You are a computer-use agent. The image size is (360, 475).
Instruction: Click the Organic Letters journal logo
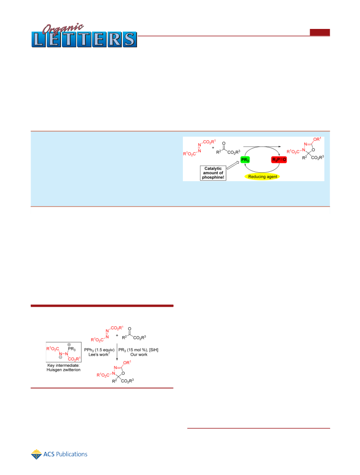click(84, 36)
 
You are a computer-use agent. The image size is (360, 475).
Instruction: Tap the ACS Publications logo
click(59, 454)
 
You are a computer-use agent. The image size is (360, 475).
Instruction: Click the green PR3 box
click(245, 160)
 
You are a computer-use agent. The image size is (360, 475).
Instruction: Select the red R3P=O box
click(279, 160)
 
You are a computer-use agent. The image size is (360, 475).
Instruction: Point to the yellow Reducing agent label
click(263, 177)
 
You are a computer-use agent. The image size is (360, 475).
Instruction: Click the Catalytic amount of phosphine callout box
click(213, 173)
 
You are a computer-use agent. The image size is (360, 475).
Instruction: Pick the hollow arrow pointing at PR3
click(233, 165)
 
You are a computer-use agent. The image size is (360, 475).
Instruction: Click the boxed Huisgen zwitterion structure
click(64, 352)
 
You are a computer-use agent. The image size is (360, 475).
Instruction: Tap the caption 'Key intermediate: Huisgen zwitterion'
click(64, 367)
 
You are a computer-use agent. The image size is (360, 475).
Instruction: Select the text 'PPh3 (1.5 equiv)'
click(99, 349)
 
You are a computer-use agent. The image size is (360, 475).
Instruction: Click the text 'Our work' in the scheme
click(139, 354)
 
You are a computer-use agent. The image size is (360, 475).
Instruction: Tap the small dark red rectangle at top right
click(320, 32)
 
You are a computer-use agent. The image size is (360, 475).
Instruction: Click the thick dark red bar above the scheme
click(102, 306)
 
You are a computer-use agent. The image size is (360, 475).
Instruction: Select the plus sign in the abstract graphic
click(213, 147)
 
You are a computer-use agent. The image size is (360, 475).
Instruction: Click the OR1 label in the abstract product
click(317, 139)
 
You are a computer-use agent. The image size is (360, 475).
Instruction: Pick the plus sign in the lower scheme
click(117, 335)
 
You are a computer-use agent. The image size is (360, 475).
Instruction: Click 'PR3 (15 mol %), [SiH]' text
click(138, 349)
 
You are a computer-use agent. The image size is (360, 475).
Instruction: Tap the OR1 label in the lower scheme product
click(127, 362)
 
